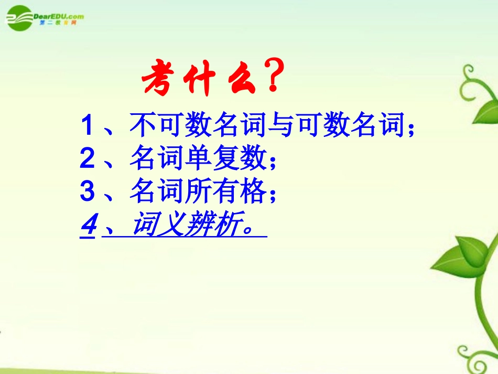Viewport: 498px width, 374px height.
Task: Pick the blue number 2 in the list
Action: click(87, 159)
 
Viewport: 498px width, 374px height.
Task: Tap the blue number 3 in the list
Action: click(87, 193)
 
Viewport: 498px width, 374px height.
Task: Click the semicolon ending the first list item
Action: click(411, 129)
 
